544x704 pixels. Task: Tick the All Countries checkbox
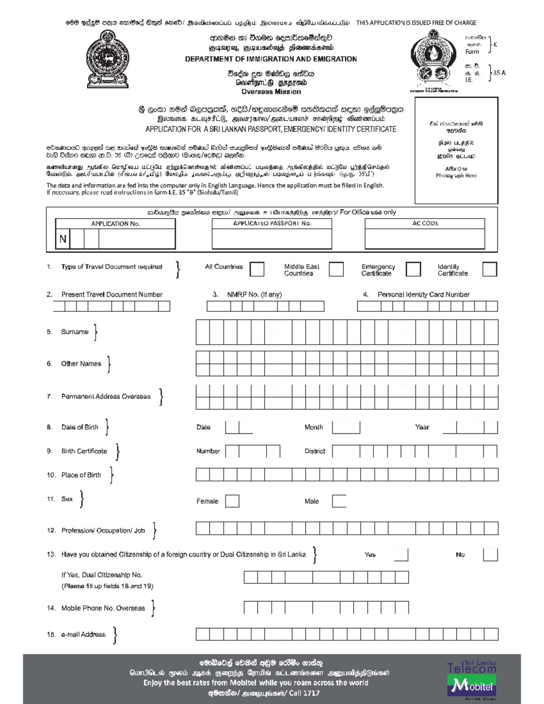click(257, 269)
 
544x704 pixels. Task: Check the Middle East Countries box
click(336, 269)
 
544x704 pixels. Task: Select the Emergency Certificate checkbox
click(413, 269)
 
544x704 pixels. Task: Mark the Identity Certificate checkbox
click(490, 269)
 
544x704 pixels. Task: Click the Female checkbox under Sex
click(232, 501)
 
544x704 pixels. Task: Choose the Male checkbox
click(339, 501)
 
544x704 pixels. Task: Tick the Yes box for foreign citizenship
click(401, 555)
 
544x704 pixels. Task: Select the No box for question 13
click(490, 555)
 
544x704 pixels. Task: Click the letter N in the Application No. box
click(63, 239)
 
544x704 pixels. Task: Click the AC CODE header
click(425, 223)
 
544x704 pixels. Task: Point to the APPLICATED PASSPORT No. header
click(272, 223)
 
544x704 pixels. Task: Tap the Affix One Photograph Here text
click(456, 172)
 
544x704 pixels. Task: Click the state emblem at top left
click(107, 59)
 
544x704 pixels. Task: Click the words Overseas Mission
click(271, 92)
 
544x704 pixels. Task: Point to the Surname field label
click(75, 332)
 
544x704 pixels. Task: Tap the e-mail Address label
click(83, 635)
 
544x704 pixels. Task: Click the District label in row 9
click(315, 451)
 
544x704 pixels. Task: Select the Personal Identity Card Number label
click(423, 295)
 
